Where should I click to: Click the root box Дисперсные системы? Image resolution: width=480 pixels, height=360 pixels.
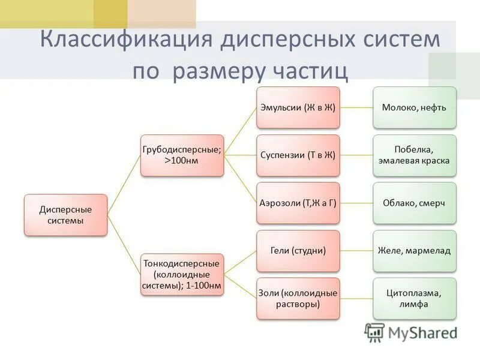click(65, 215)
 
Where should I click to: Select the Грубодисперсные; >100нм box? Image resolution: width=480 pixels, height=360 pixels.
click(182, 155)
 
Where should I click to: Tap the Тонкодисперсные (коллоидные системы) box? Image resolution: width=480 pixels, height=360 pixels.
click(182, 275)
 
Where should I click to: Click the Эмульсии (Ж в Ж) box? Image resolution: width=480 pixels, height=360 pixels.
click(298, 107)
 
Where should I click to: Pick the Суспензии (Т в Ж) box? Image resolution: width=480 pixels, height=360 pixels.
click(298, 155)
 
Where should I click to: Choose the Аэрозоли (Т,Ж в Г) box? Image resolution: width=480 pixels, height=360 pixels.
click(298, 203)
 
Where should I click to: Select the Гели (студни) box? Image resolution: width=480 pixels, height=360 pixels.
click(298, 251)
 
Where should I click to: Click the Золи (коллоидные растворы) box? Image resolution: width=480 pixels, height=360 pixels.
click(298, 298)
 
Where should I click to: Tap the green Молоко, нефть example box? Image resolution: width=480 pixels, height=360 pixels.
click(414, 107)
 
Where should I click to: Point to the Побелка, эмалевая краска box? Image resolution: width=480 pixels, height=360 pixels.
click(414, 155)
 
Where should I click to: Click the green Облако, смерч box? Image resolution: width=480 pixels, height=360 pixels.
click(414, 203)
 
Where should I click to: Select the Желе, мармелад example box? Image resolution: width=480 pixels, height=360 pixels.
click(414, 251)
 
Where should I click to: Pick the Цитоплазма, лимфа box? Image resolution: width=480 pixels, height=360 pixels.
click(414, 298)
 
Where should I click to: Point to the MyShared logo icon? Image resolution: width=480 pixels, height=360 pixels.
click(375, 332)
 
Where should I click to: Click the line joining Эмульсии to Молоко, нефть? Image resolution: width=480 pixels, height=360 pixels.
click(356, 108)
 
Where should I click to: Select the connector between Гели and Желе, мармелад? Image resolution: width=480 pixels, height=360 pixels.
click(356, 251)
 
